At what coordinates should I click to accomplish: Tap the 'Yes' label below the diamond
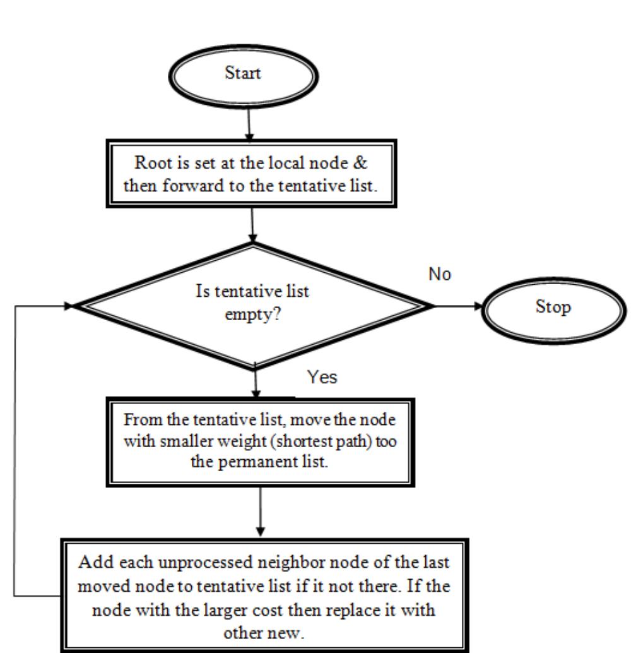click(x=322, y=378)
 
